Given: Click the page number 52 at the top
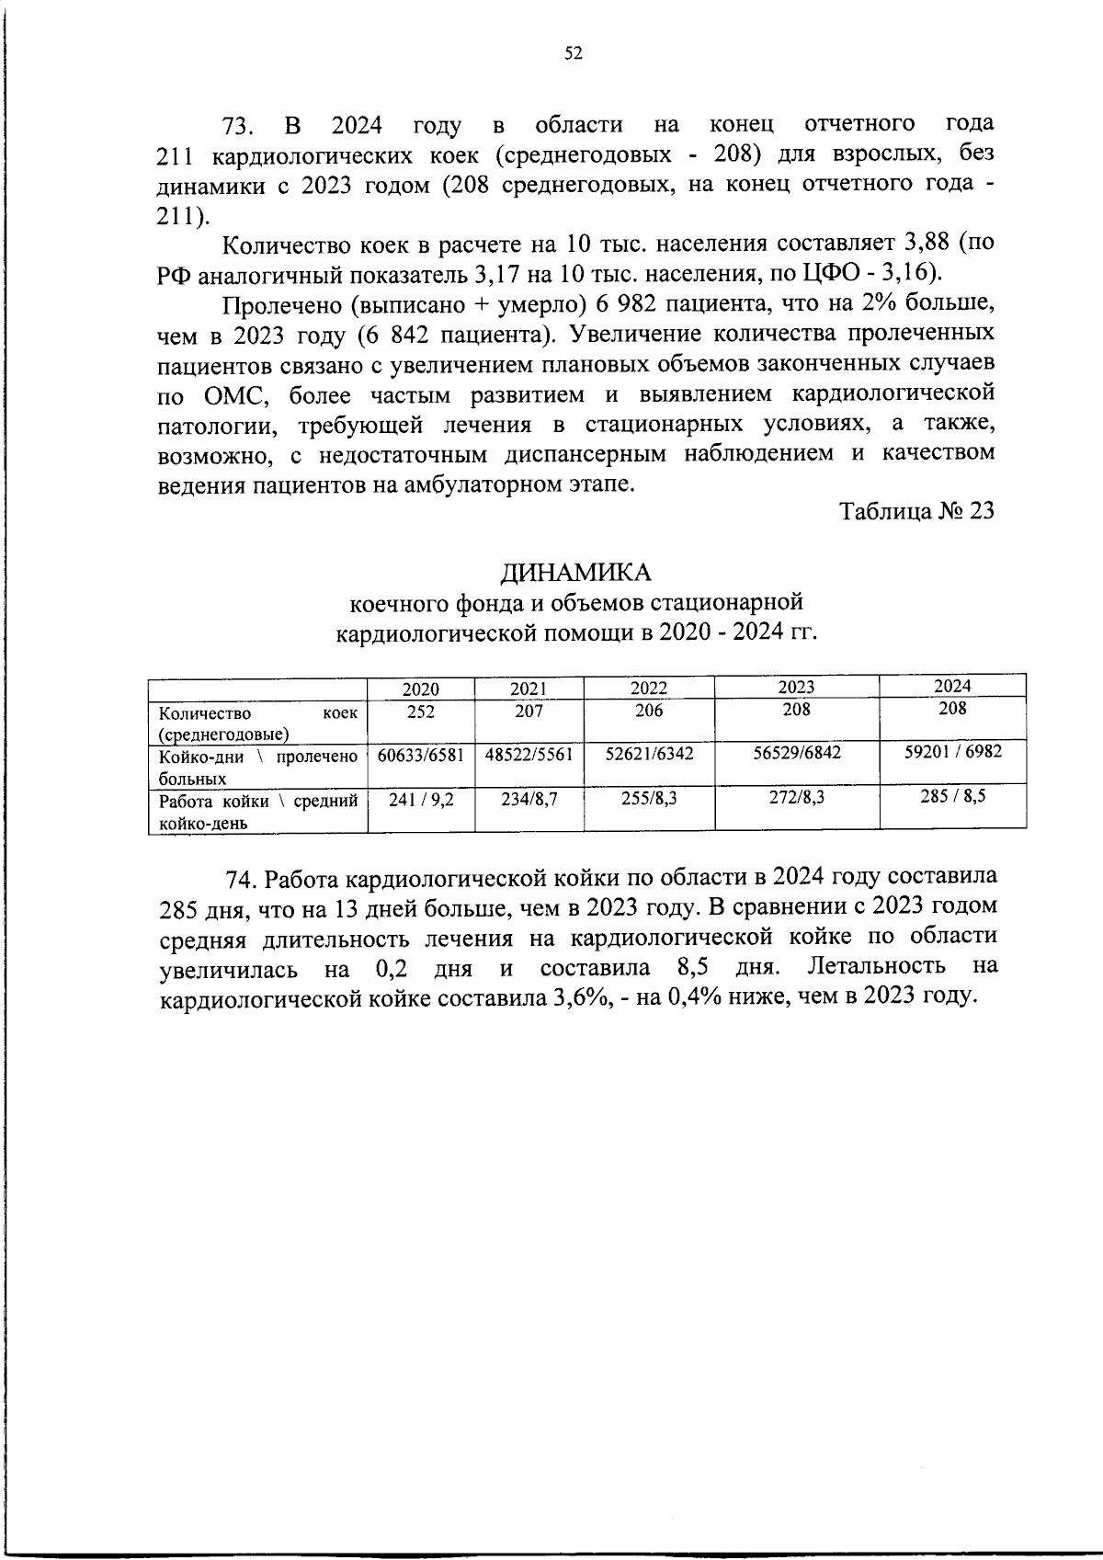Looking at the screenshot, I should tap(573, 53).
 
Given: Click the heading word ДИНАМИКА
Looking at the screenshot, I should tap(575, 572).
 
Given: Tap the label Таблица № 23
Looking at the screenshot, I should tap(916, 511).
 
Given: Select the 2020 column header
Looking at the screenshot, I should tap(421, 689).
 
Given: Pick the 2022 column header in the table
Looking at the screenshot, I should tap(649, 688).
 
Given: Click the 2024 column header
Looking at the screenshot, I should tap(952, 686).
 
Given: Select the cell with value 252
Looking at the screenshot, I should tap(421, 711).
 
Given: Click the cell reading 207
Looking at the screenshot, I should tap(529, 711).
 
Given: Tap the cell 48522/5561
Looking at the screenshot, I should tap(529, 755).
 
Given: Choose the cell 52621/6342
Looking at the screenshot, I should tap(649, 754).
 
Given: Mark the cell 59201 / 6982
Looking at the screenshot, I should tap(952, 751).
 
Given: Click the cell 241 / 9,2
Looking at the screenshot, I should tap(421, 800).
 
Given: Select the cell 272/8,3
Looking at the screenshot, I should tap(796, 798).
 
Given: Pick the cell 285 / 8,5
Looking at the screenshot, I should tap(952, 796).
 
